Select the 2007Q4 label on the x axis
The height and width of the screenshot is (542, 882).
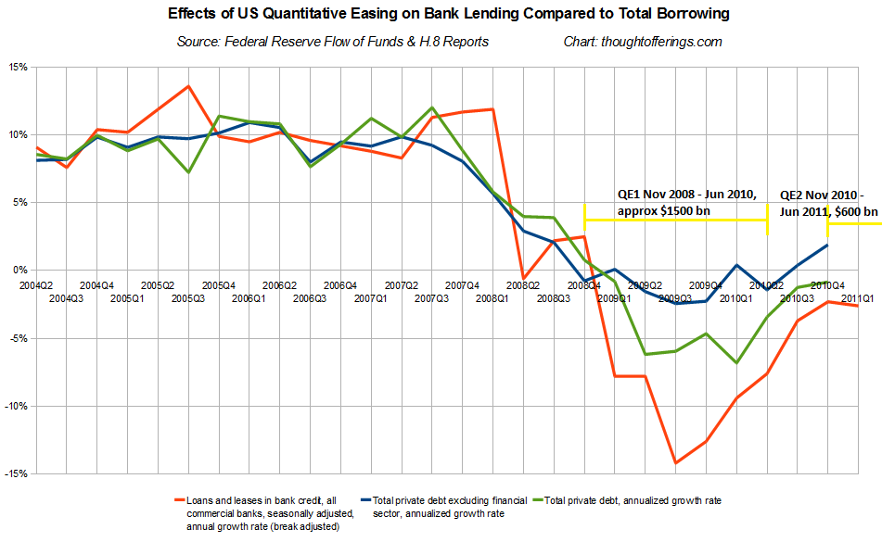click(x=462, y=285)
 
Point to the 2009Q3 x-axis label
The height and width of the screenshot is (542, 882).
click(x=675, y=298)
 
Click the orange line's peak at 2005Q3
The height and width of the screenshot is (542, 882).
click(x=188, y=86)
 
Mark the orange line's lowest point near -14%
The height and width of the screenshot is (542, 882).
click(x=675, y=462)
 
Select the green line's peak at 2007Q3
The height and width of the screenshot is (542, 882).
click(x=432, y=107)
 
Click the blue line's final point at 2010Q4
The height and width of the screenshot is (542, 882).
click(x=827, y=245)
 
